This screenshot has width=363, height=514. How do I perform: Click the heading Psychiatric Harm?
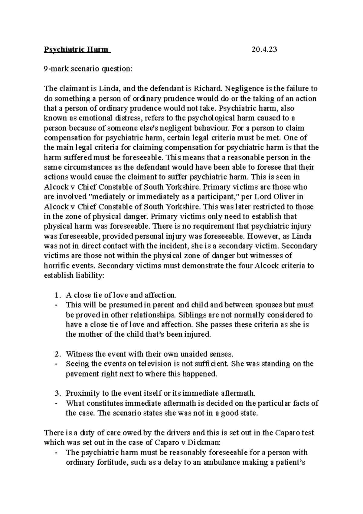tap(77, 49)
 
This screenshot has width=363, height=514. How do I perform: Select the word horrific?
tap(57, 266)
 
